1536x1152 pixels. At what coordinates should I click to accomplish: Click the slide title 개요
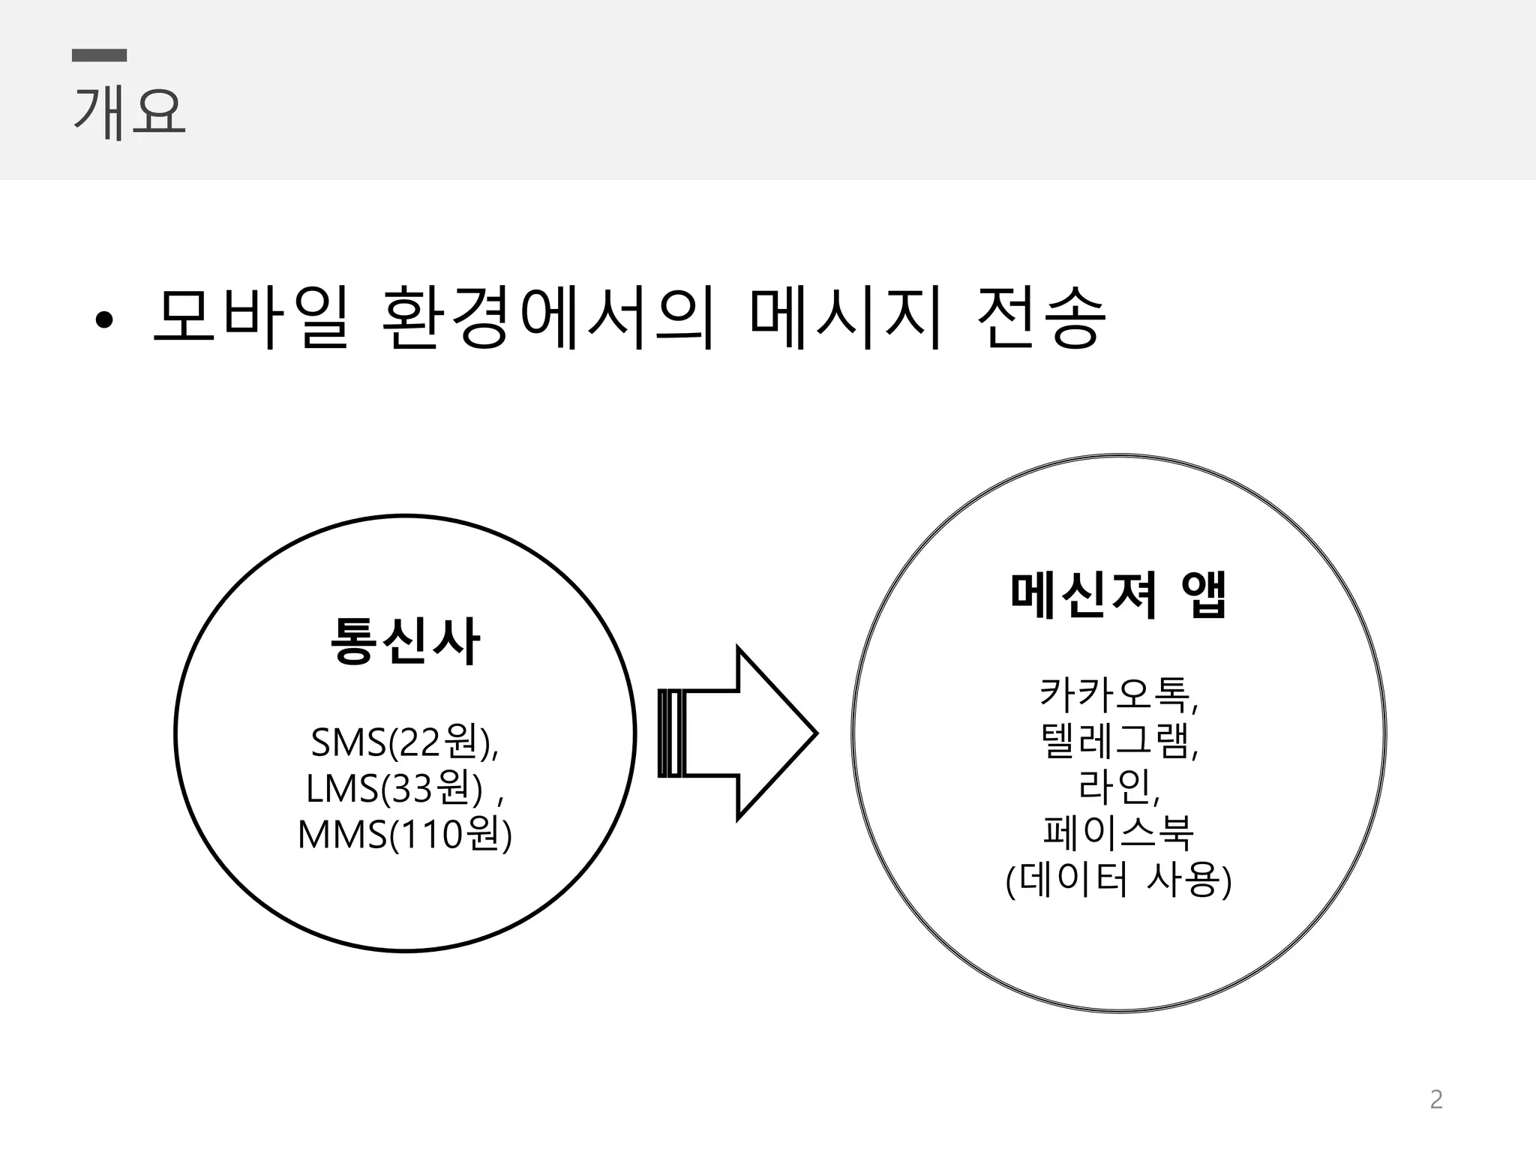coord(129,113)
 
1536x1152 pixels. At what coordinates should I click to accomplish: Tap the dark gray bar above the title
coord(99,55)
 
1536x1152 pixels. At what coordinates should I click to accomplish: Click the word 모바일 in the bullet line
coord(250,318)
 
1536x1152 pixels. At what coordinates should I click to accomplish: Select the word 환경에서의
coord(547,318)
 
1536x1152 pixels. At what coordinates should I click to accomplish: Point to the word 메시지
coord(845,318)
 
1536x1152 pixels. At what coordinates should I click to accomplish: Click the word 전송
coord(1041,318)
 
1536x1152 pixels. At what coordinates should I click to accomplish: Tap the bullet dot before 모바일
coord(104,321)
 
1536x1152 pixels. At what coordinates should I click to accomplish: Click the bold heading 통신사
coord(405,641)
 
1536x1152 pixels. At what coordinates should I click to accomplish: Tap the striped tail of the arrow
coord(670,733)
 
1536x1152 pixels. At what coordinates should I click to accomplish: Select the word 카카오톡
coord(1114,694)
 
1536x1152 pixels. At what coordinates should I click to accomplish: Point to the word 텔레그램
coord(1114,740)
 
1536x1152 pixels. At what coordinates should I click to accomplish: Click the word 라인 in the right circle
coord(1114,786)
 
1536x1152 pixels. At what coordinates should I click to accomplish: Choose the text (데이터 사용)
coord(1118,880)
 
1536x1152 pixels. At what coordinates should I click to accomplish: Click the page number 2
coord(1436,1099)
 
